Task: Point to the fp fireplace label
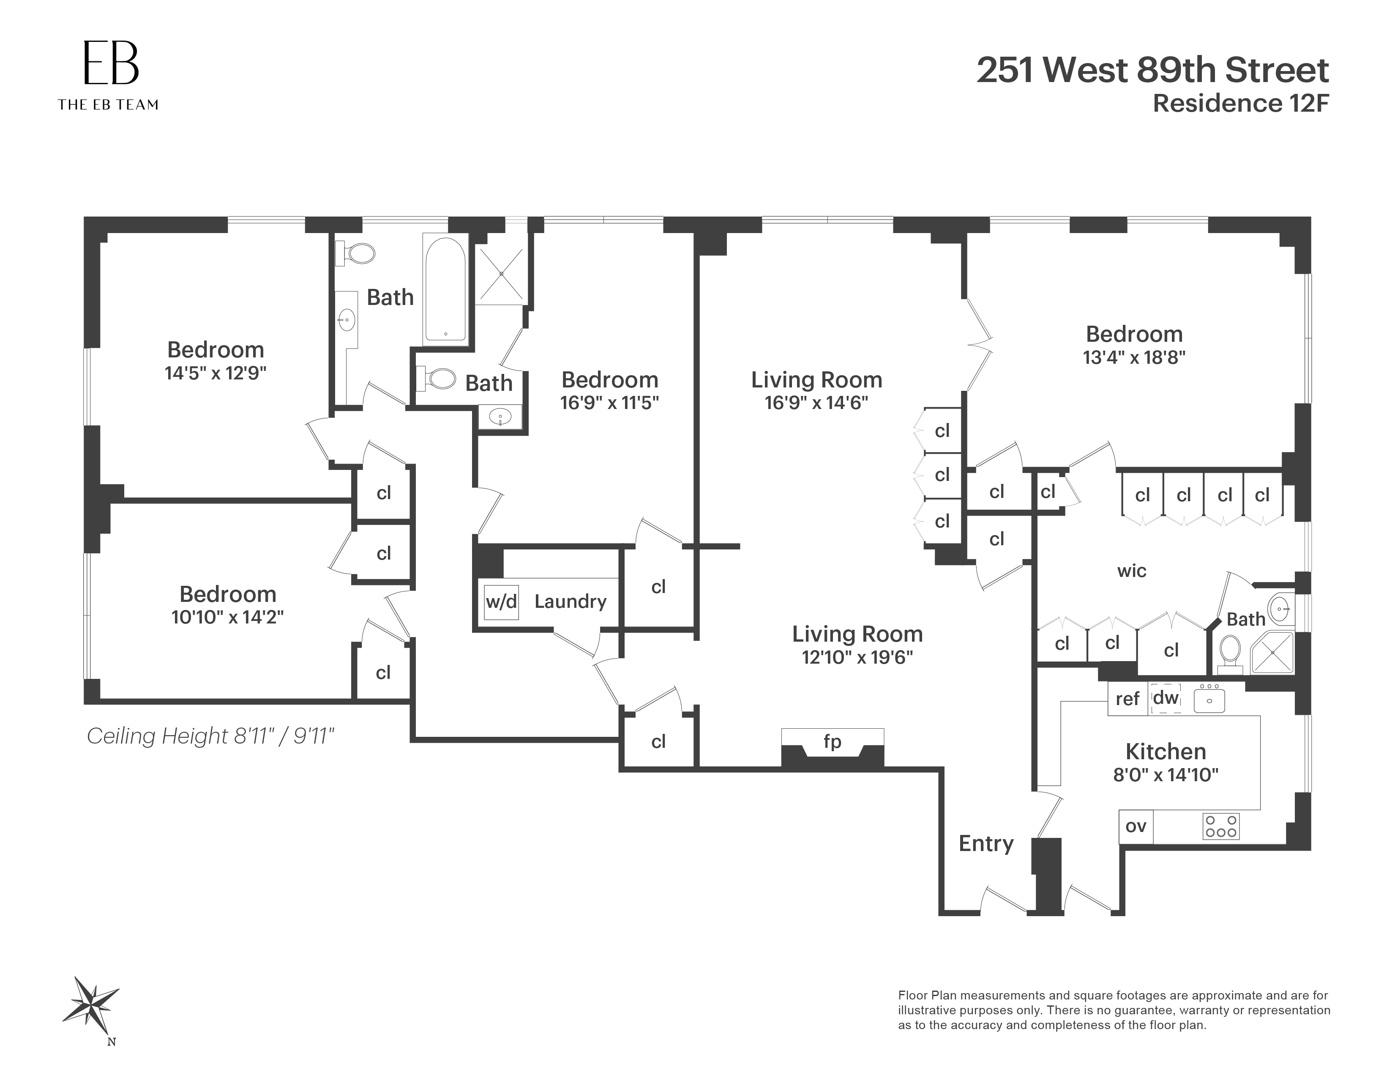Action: [x=832, y=741]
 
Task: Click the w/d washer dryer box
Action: [x=501, y=601]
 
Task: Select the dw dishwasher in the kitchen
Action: [x=1166, y=698]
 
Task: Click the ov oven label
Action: [x=1135, y=826]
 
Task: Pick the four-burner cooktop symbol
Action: [x=1220, y=826]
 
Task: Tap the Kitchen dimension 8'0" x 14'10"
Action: [x=1166, y=775]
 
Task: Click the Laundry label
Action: [x=570, y=601]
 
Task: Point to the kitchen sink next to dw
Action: [x=1209, y=699]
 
